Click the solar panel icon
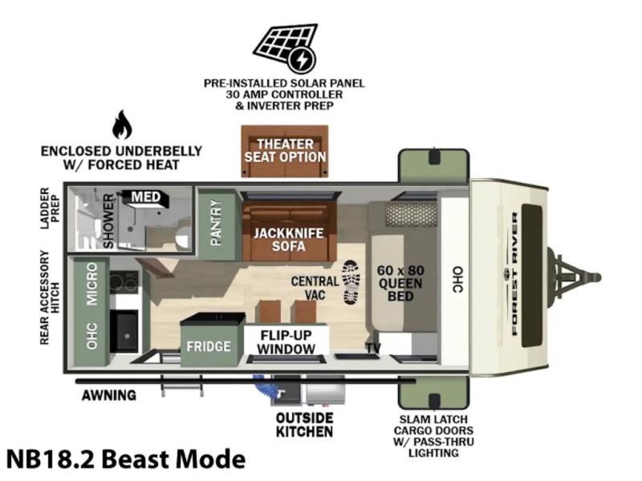pos(286,48)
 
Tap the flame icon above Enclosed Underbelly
pos(122,125)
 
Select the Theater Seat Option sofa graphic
pos(285,152)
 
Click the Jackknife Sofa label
pos(288,239)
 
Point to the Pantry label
pos(216,223)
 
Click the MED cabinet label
pos(146,197)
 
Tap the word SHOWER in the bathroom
pos(108,221)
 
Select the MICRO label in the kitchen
pos(92,284)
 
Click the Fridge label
pos(209,346)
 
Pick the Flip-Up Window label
pos(286,342)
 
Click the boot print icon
pos(351,282)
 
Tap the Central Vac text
pos(315,288)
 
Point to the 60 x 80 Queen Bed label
pos(400,283)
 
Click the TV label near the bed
pos(373,348)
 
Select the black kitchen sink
pos(124,331)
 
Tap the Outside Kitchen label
pos(304,425)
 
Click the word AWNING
pos(109,395)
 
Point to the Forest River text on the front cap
pos(514,273)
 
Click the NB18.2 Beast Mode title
pos(126,459)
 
